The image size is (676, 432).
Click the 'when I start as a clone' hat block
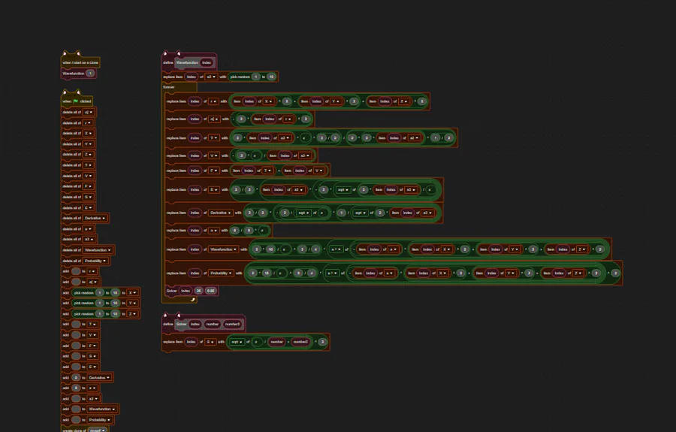pos(80,63)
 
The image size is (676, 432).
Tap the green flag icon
pos(76,101)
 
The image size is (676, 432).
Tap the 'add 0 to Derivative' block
pos(66,377)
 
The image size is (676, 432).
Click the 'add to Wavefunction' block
pos(66,409)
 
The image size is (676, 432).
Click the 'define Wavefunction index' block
pos(168,62)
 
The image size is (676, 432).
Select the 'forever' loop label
pos(169,87)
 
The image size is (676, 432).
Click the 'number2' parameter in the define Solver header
pos(233,324)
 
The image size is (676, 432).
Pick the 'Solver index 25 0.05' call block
pos(171,290)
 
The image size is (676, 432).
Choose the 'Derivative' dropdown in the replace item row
pos(222,213)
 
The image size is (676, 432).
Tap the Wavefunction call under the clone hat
pos(73,74)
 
